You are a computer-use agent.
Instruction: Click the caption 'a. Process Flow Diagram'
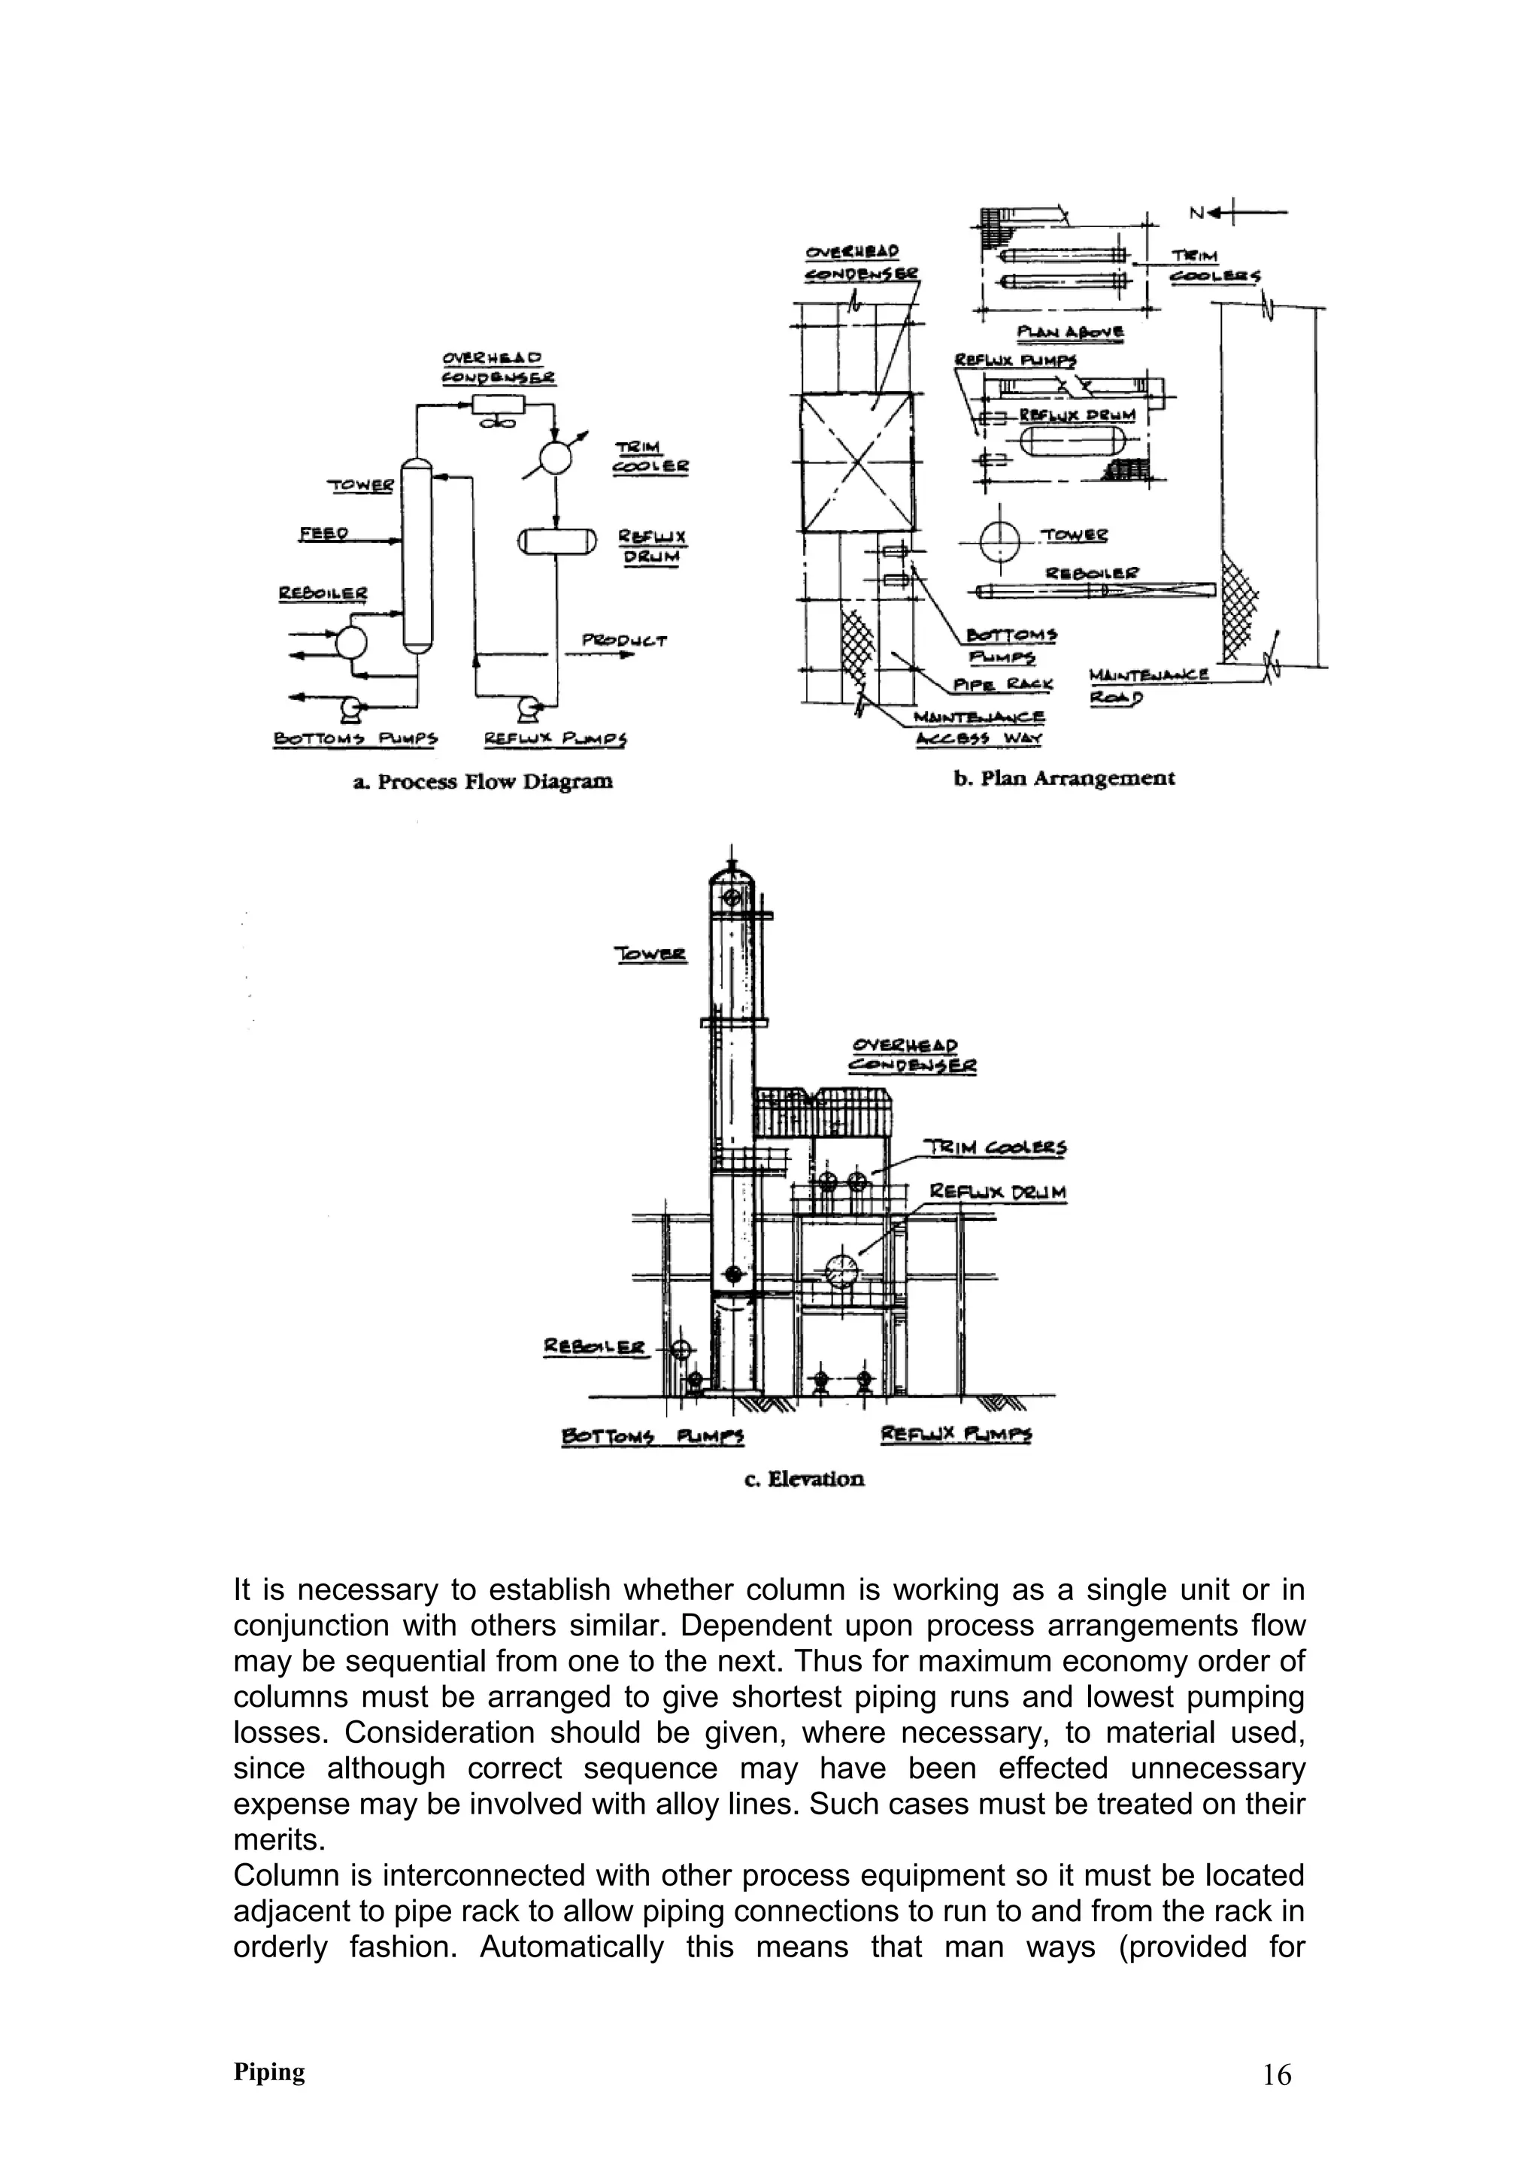(x=483, y=782)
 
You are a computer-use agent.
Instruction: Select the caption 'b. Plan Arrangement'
(x=1064, y=778)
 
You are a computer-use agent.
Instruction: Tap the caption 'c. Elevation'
(x=804, y=1478)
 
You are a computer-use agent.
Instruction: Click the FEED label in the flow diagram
(x=323, y=535)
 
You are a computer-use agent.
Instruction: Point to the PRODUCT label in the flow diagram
(x=623, y=641)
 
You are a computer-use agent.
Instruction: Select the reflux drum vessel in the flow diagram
(x=557, y=541)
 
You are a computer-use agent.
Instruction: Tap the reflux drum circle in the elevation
(x=841, y=1271)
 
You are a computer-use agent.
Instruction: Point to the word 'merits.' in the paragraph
(x=279, y=1840)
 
